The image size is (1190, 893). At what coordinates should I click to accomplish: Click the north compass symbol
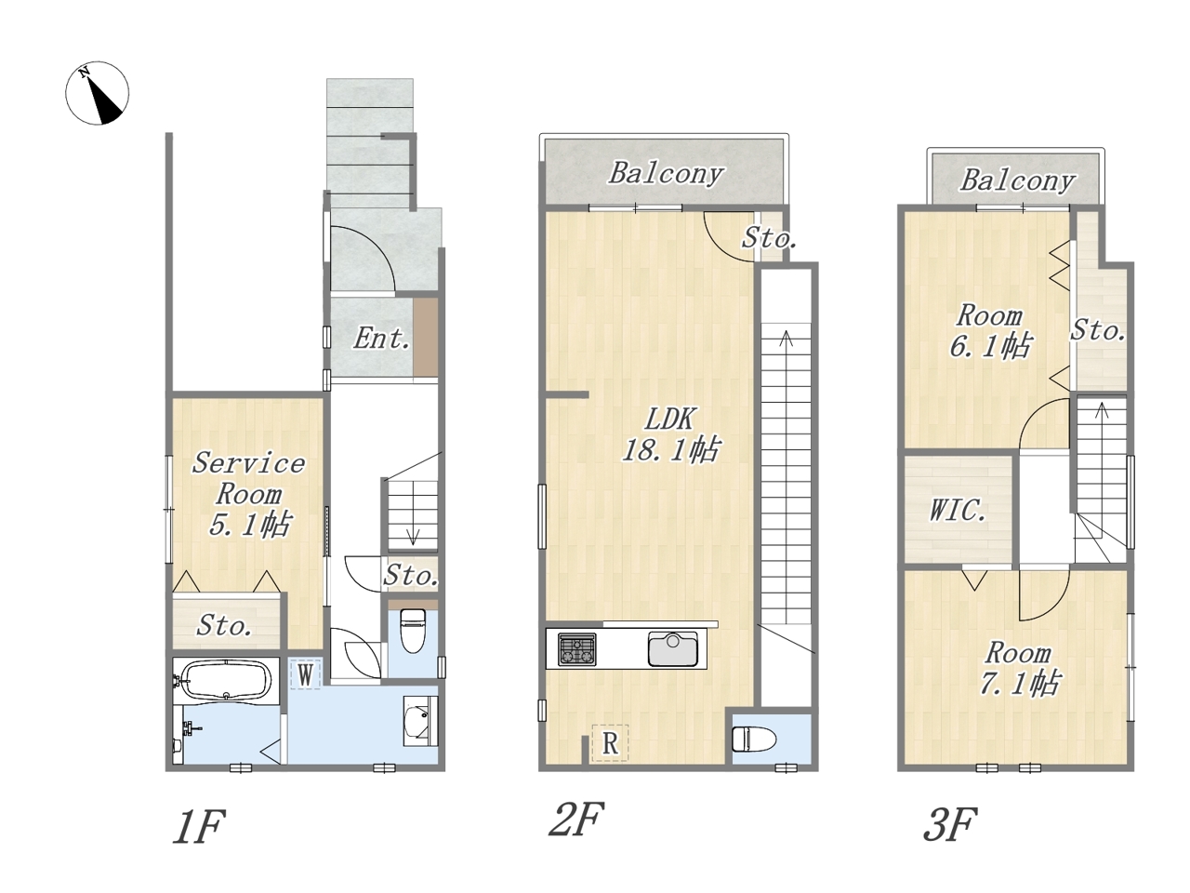(98, 93)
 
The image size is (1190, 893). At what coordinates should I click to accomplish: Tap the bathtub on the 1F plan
(226, 680)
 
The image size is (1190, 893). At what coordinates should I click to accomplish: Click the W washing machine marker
(305, 675)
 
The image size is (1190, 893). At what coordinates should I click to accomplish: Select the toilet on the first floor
(412, 631)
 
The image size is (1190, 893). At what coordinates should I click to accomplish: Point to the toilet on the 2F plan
(754, 739)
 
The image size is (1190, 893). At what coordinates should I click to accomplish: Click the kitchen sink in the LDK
(673, 648)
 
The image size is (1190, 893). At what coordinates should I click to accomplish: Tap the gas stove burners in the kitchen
(577, 649)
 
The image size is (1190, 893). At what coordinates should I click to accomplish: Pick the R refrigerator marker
(610, 743)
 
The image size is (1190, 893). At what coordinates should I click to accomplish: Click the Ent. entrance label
(381, 339)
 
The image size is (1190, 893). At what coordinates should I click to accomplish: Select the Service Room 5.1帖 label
(249, 493)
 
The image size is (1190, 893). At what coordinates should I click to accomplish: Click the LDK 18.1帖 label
(671, 434)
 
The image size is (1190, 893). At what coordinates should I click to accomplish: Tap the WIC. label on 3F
(958, 510)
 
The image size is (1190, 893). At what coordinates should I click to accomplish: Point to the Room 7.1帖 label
(1018, 668)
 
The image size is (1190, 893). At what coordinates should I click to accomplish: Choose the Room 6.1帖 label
(989, 331)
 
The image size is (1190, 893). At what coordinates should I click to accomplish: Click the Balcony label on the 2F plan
(666, 174)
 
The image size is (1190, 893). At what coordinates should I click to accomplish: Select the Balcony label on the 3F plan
(1018, 180)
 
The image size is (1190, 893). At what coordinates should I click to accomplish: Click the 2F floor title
(575, 820)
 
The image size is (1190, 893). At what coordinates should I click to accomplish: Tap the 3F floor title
(950, 824)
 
